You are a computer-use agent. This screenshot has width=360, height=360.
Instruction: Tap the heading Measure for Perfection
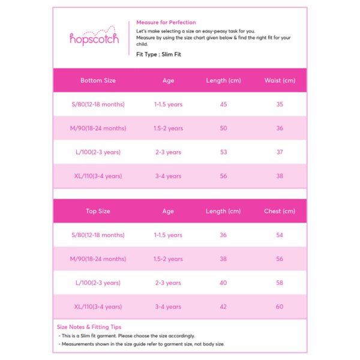(x=166, y=22)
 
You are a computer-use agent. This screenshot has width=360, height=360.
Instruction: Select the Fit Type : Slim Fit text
(x=158, y=55)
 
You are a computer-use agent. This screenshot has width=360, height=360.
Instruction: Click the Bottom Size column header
(x=98, y=80)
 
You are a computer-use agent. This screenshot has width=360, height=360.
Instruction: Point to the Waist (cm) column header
(x=280, y=80)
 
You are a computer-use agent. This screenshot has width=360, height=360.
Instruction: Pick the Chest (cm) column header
(x=280, y=211)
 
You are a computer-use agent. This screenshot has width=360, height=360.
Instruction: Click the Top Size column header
(x=98, y=211)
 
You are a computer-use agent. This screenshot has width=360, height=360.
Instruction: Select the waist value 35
(x=280, y=104)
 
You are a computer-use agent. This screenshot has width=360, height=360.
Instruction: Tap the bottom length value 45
(x=223, y=104)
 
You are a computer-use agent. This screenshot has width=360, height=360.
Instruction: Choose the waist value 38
(x=280, y=176)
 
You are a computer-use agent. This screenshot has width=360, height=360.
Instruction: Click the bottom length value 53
(x=223, y=152)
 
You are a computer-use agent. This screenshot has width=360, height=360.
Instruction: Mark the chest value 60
(x=280, y=307)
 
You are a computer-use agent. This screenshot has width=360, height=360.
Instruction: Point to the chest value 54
(x=280, y=235)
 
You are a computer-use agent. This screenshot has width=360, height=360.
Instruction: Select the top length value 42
(x=223, y=307)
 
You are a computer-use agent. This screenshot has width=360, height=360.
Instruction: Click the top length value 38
(x=223, y=259)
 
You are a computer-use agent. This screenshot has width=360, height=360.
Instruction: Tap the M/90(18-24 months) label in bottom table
(x=98, y=128)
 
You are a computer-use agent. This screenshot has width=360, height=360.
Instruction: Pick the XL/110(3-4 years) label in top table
(x=98, y=307)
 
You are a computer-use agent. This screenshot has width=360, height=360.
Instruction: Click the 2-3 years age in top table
(x=168, y=283)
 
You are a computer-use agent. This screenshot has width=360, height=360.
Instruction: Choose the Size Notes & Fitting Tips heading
(x=89, y=327)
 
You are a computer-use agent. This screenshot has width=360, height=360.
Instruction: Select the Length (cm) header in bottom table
(x=223, y=80)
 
